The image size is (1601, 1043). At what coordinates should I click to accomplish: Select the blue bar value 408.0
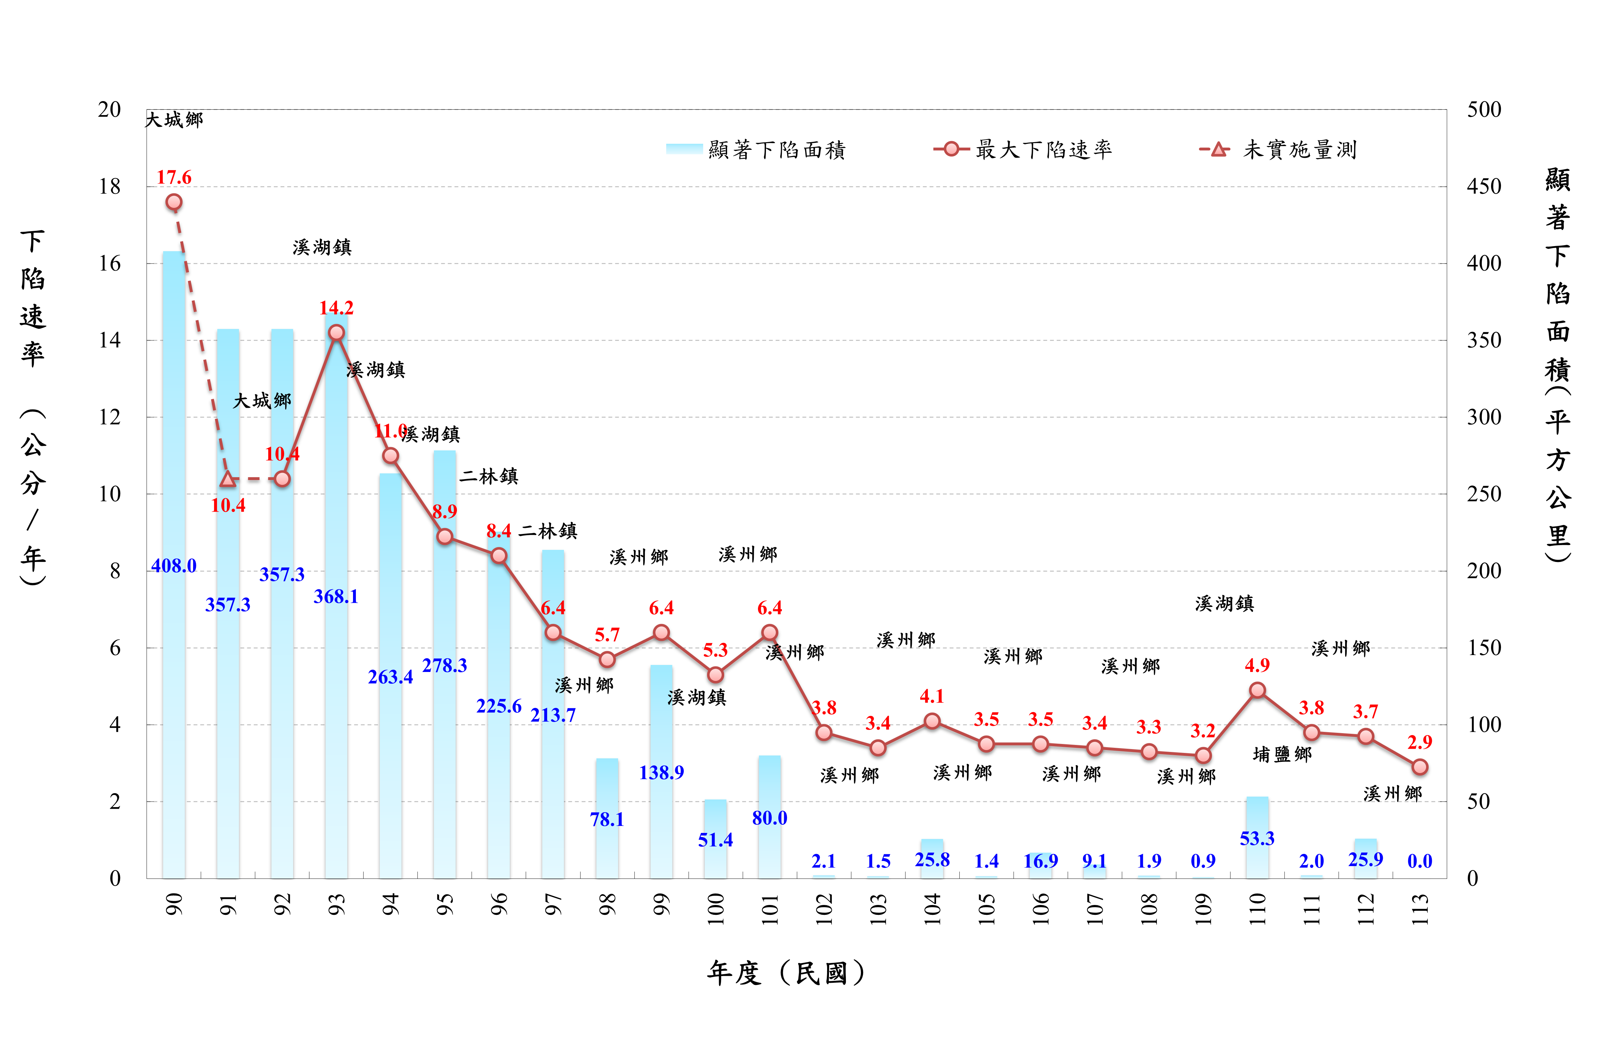coord(174,566)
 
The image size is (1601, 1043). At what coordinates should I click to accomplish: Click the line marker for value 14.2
coord(336,332)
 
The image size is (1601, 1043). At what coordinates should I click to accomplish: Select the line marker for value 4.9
coord(1257,690)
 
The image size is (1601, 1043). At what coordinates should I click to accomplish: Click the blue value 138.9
coord(661,772)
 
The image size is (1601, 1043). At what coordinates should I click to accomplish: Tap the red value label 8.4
coord(499,532)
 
